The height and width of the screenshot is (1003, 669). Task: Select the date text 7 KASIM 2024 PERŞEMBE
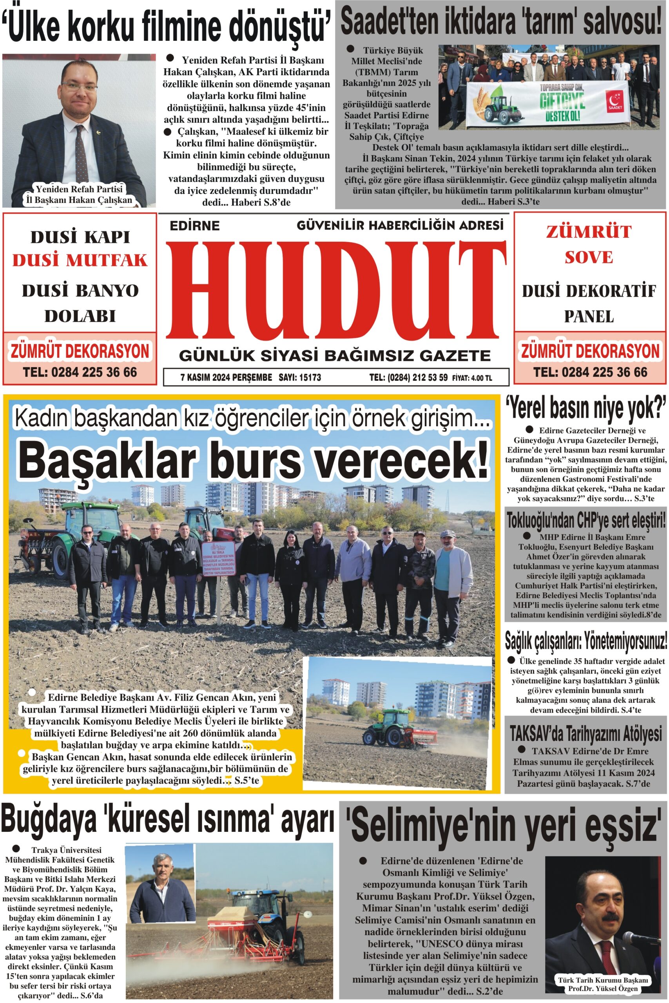point(226,377)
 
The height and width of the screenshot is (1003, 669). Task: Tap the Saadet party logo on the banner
point(615,101)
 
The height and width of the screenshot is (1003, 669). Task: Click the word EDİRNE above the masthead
point(194,226)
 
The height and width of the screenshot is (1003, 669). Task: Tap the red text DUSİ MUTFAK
point(80,260)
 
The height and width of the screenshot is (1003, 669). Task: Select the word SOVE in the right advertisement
point(589,257)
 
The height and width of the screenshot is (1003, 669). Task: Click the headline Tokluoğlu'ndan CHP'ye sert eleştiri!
point(586,521)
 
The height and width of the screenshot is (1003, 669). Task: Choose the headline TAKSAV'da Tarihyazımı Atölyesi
point(586,734)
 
